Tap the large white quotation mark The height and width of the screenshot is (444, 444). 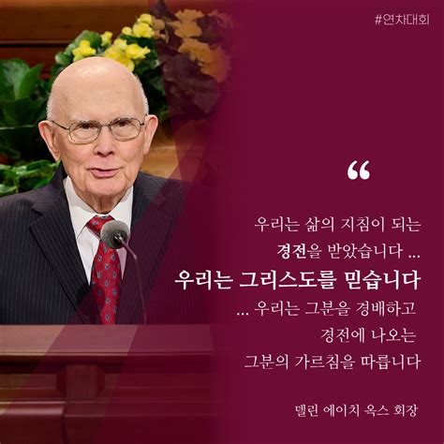click(359, 171)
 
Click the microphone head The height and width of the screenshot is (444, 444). click(115, 233)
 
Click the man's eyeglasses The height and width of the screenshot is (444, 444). click(97, 128)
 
